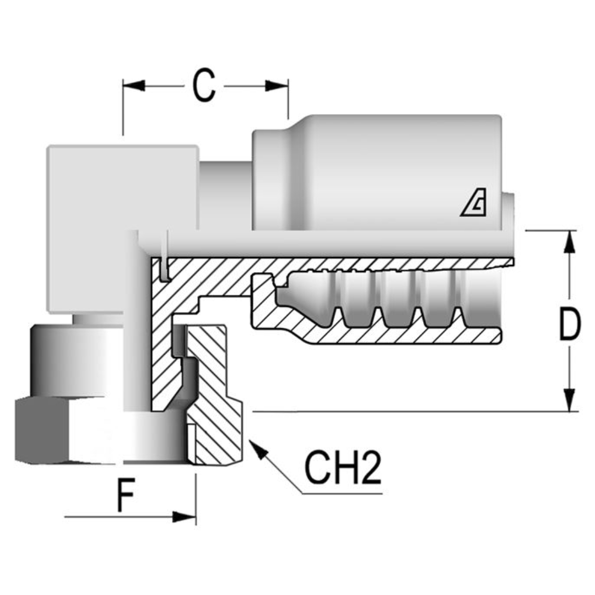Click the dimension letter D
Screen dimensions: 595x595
point(569,324)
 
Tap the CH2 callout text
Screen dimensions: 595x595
point(343,469)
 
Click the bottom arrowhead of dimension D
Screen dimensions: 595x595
point(570,399)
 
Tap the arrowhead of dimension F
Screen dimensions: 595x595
point(185,517)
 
